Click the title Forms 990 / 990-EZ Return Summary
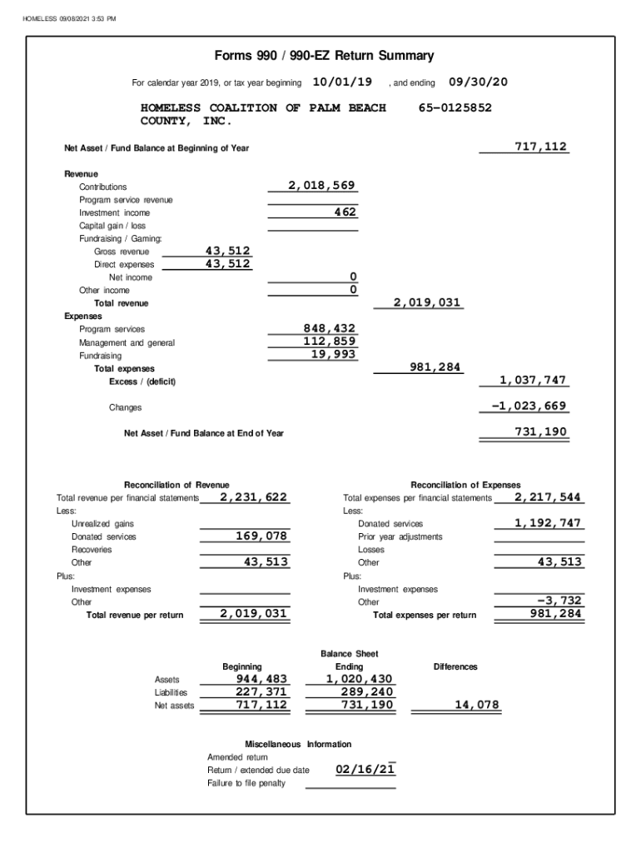(324, 56)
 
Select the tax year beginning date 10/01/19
(341, 82)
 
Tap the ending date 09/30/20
(478, 82)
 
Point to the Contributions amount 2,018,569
(322, 186)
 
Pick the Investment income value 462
(345, 212)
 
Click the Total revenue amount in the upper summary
(427, 302)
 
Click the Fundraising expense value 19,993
(333, 354)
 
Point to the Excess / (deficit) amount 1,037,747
(533, 380)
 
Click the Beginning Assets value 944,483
(261, 679)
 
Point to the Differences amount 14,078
(477, 705)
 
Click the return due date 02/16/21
(365, 769)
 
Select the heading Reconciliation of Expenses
(465, 485)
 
